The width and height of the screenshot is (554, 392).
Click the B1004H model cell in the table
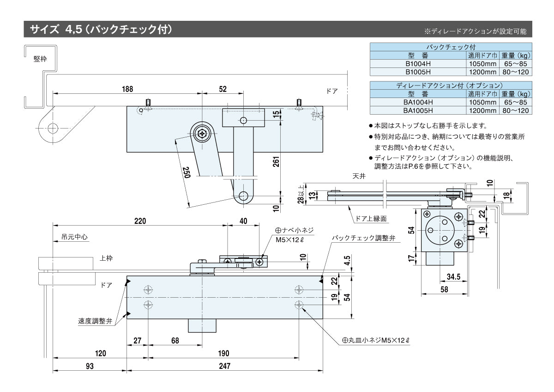click(418, 64)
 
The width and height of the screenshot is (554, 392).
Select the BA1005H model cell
click(418, 110)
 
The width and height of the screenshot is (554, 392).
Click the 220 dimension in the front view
click(140, 221)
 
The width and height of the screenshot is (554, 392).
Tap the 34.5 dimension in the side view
click(453, 277)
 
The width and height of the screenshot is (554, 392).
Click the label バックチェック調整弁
click(364, 238)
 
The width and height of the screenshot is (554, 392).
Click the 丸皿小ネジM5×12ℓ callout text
click(375, 340)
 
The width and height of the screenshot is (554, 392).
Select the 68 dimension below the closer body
click(175, 341)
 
